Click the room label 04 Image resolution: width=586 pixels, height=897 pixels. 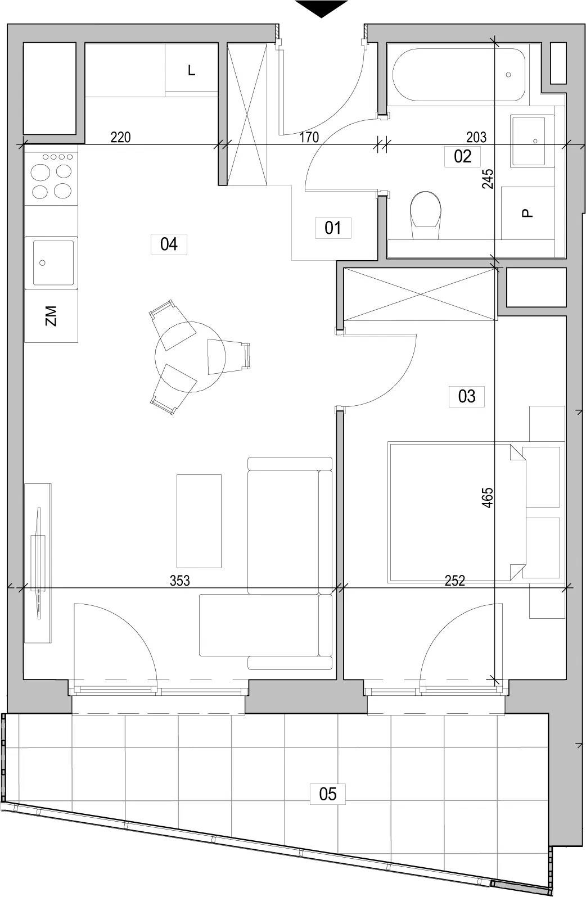tap(169, 244)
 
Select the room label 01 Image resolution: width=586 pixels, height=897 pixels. tap(333, 228)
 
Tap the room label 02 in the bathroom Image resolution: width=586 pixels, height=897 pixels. tap(462, 156)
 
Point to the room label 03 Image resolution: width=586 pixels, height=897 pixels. tap(467, 396)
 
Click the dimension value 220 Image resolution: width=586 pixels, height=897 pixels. tap(120, 137)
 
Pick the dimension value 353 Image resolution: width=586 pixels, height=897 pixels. tap(179, 580)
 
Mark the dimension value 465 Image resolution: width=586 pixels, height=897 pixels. tap(488, 498)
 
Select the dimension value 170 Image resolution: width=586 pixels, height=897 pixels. tap(309, 137)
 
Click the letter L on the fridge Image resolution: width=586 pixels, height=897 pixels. tap(192, 71)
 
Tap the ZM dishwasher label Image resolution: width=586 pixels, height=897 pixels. tap(51, 316)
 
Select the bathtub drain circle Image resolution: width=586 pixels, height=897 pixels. tap(508, 75)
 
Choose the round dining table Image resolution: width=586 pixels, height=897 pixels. tap(191, 357)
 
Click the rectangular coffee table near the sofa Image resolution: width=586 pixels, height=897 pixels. tap(199, 521)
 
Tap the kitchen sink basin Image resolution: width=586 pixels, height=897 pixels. tap(53, 262)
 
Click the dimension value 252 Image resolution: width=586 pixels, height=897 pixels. tap(455, 580)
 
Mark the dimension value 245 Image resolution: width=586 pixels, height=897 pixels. tap(488, 179)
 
